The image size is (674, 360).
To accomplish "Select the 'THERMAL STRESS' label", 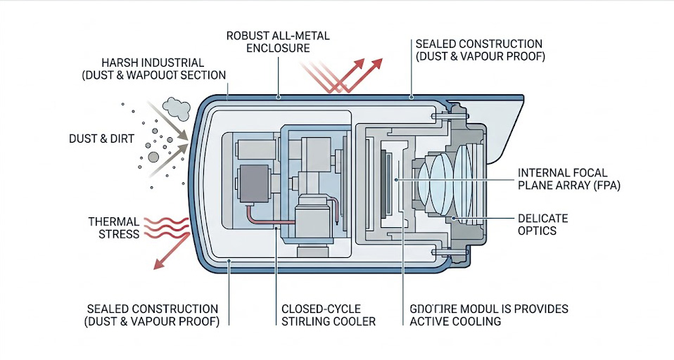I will tap(113, 228).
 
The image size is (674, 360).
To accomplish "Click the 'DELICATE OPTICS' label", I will tap(542, 225).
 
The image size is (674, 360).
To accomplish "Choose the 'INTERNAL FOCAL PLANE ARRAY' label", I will tap(561, 179).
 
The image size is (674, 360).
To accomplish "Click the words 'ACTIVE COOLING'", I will tap(454, 321).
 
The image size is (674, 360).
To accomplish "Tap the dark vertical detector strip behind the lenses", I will tap(386, 181).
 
